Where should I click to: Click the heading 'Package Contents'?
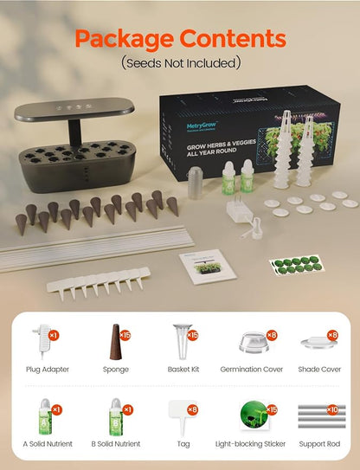click(179, 38)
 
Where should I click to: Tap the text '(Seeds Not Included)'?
click(180, 62)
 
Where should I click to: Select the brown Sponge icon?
click(114, 340)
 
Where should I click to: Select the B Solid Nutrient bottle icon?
click(113, 418)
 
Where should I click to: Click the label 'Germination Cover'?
click(249, 369)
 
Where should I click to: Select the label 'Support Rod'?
click(319, 444)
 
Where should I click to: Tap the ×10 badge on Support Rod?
click(333, 407)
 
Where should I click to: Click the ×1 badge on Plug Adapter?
click(54, 334)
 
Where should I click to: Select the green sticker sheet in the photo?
click(296, 265)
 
